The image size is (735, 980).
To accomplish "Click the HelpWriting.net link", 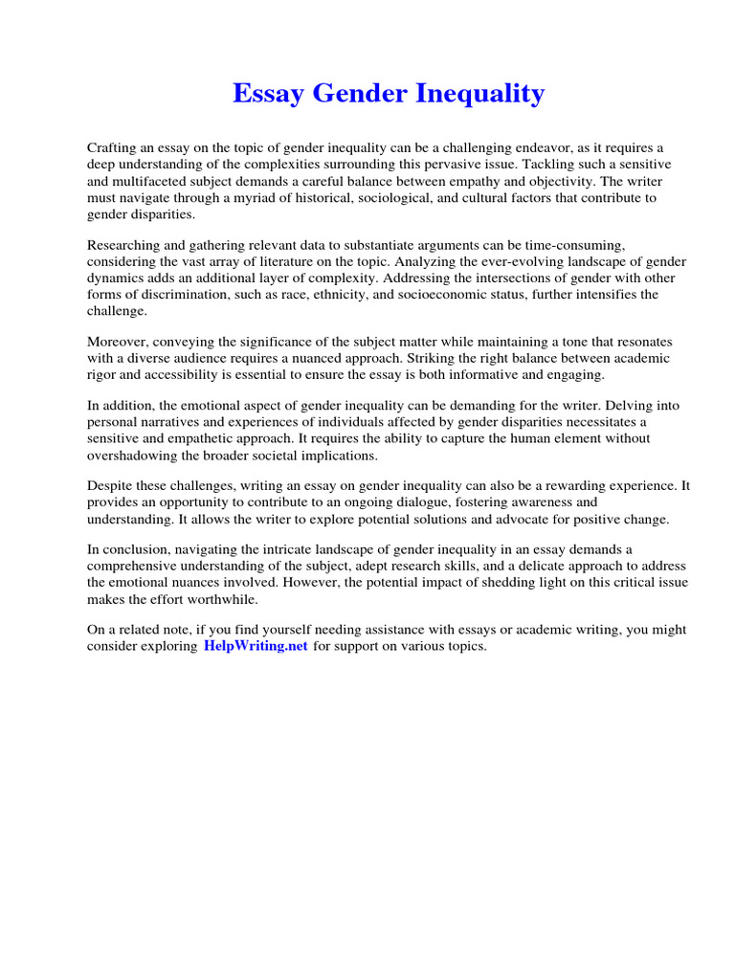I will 256,646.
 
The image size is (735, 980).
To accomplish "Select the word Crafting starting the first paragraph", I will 114,147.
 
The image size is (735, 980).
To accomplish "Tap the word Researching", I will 127,245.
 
